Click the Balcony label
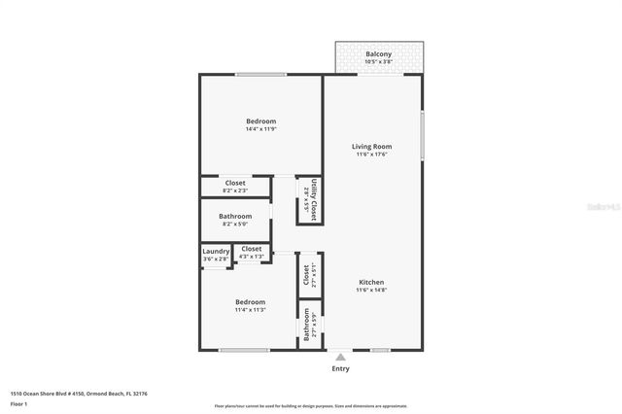378,53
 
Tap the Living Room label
372,147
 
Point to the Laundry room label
216,252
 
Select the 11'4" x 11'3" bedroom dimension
250,310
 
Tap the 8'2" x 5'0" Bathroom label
235,216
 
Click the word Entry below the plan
340,369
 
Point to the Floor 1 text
19,403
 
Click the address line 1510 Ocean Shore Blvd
80,394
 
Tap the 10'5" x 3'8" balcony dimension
378,62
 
